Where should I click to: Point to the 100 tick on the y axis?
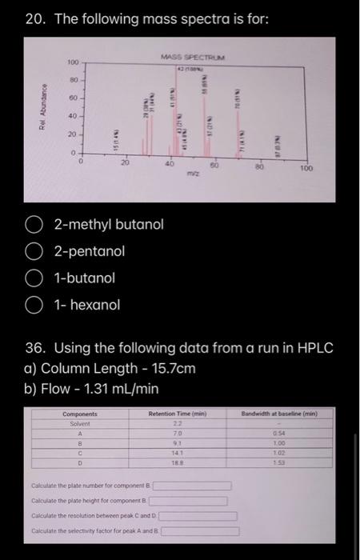(71, 62)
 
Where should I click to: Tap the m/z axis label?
(193, 172)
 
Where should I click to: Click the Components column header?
(80, 414)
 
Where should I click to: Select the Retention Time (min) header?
(178, 414)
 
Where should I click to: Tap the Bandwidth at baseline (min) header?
(279, 414)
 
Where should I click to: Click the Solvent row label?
(80, 423)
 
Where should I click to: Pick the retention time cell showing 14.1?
(178, 453)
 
